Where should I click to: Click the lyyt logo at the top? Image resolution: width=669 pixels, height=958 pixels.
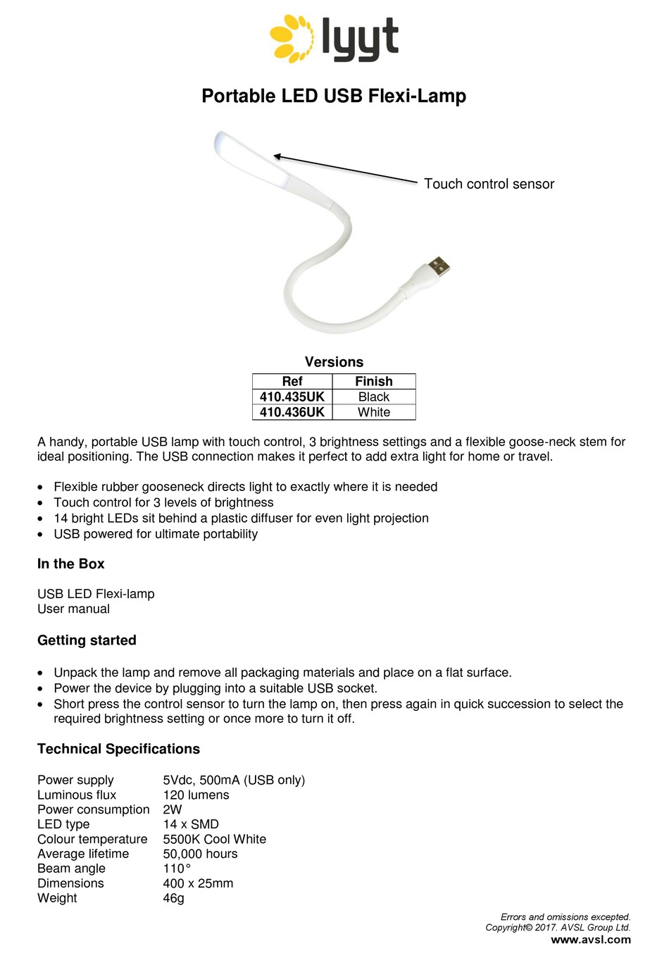tap(334, 39)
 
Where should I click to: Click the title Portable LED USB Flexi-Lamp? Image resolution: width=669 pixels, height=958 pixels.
tap(334, 96)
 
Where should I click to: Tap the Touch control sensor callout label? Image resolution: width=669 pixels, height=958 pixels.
tap(489, 184)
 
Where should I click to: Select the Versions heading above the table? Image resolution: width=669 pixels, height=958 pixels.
tap(334, 362)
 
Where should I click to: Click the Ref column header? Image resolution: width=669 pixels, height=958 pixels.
tap(292, 381)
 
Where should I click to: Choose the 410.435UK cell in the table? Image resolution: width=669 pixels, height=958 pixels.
tap(292, 397)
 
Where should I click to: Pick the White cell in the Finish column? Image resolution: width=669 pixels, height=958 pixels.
tap(373, 412)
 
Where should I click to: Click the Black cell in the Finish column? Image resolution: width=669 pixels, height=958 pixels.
tap(373, 397)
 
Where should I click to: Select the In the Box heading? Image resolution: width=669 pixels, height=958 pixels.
tap(70, 564)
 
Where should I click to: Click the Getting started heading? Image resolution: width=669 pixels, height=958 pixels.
tap(87, 640)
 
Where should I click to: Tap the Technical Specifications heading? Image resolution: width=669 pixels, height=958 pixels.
tap(118, 749)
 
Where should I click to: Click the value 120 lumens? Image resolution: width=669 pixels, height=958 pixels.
tap(196, 795)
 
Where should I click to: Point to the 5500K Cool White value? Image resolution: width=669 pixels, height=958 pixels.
tap(214, 839)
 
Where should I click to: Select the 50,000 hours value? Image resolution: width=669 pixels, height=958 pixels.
tap(200, 854)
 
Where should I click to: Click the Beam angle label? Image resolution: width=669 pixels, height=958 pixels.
tap(71, 869)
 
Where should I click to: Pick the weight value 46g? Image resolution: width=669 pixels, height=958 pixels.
tap(173, 898)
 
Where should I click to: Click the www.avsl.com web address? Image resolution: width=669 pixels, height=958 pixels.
tap(590, 940)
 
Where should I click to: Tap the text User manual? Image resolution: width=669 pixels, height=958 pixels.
tap(73, 609)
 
